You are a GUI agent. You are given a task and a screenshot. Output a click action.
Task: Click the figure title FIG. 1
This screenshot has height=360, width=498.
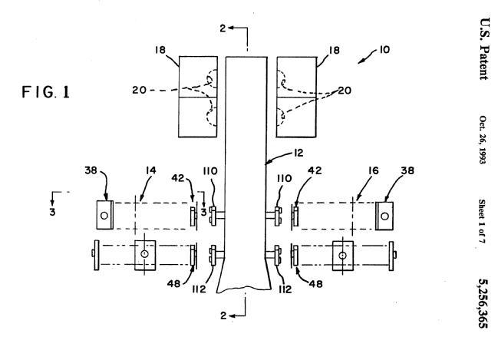pos(45,92)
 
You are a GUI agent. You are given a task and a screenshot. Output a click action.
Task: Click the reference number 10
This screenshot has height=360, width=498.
pos(384,50)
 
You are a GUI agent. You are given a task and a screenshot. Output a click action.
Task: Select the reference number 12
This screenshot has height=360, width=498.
pos(298,153)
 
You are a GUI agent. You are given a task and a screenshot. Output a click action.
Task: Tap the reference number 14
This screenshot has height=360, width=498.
pos(151,170)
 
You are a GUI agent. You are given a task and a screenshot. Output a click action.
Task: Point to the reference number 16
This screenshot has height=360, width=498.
pos(374,170)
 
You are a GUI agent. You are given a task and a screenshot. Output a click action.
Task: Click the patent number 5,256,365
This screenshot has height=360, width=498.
pos(483,303)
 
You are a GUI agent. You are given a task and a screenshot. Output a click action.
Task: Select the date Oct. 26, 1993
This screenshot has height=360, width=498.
pos(483,140)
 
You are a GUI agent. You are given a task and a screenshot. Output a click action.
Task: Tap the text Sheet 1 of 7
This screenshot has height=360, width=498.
pos(482,222)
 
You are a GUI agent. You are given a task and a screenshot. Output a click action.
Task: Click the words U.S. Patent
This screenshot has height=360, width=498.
pos(485,48)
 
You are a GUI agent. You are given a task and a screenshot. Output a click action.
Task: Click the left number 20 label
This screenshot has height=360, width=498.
pos(139,91)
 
